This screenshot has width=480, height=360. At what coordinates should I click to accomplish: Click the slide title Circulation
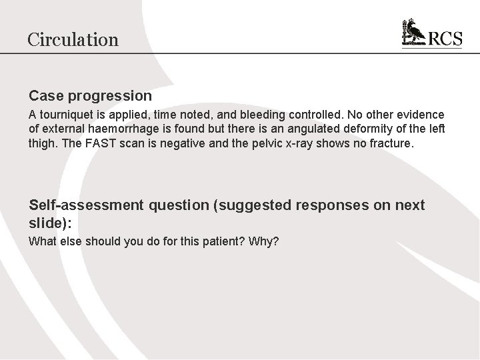(x=73, y=39)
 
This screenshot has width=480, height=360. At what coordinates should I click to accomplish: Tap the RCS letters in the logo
(x=445, y=39)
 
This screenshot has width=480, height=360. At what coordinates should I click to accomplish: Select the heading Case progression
(x=90, y=96)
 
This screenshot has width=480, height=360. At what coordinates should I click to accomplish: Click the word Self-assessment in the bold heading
(x=85, y=205)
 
